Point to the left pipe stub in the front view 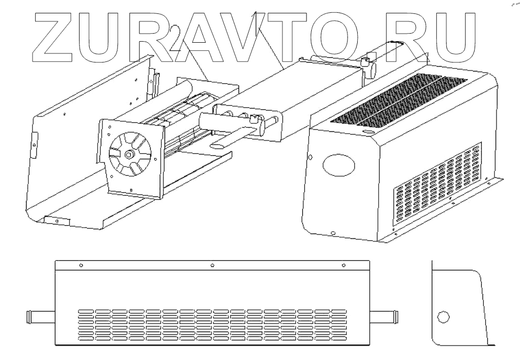pos(41,317)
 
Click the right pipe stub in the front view pos(385,317)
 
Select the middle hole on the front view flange pos(212,264)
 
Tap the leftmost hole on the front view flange pos(81,264)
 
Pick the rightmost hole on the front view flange pos(343,264)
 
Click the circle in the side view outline pos(443,317)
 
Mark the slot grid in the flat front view pos(212,325)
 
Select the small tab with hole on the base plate pos(56,220)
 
